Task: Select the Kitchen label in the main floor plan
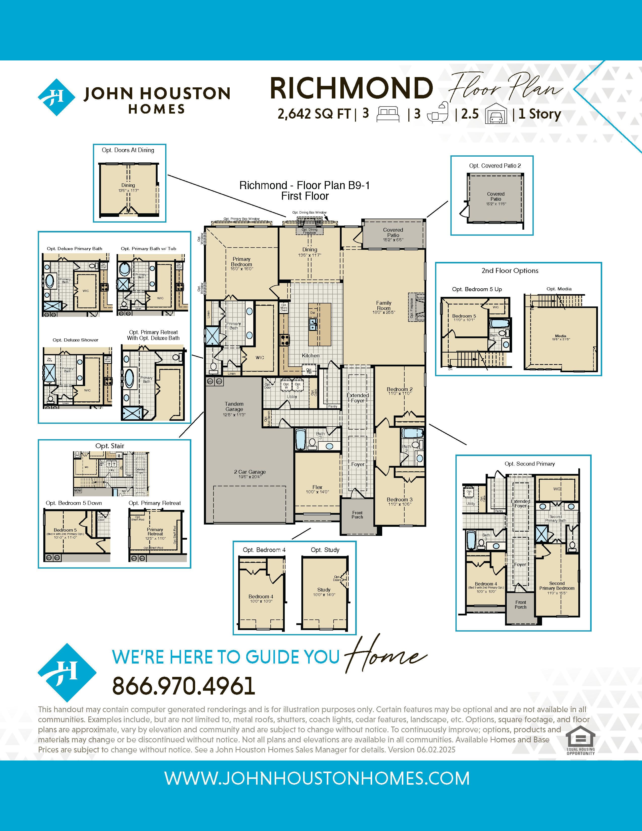[310, 355]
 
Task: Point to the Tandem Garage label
[234, 407]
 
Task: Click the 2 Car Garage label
[249, 472]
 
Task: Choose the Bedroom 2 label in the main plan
[399, 389]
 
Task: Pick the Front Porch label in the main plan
[357, 515]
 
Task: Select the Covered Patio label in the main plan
[393, 232]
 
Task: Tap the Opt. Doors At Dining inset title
[128, 150]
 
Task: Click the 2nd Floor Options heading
[510, 270]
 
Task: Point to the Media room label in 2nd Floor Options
[560, 336]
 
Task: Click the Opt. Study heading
[325, 550]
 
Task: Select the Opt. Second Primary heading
[529, 464]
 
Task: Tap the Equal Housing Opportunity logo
[580, 740]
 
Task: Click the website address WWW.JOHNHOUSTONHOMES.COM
[317, 778]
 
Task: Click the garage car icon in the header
[496, 114]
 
